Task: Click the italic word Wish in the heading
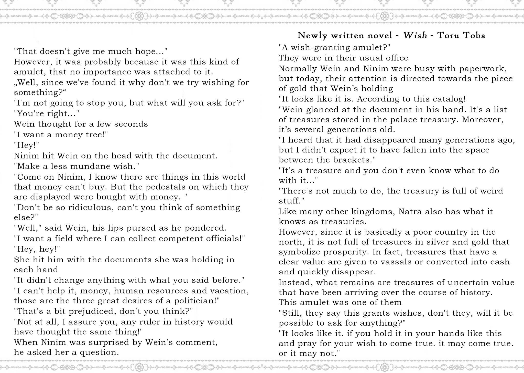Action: [415, 35]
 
